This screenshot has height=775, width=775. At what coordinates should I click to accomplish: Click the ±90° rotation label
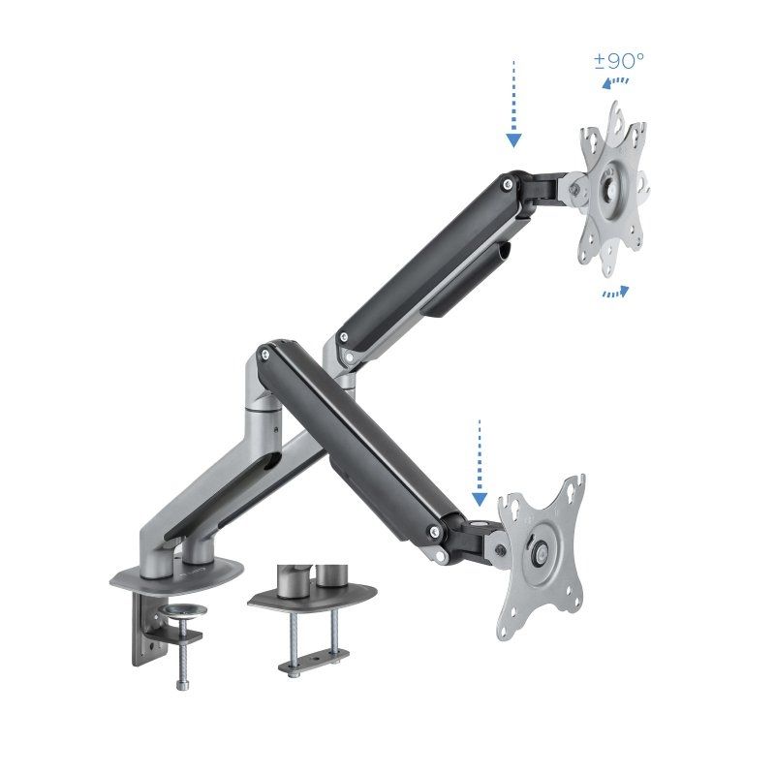coord(619,60)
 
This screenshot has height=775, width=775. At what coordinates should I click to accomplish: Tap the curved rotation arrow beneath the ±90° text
coord(611,84)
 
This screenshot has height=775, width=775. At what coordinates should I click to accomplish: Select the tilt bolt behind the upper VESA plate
coord(577,191)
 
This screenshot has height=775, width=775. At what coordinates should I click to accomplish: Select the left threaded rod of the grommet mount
coord(288,635)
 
